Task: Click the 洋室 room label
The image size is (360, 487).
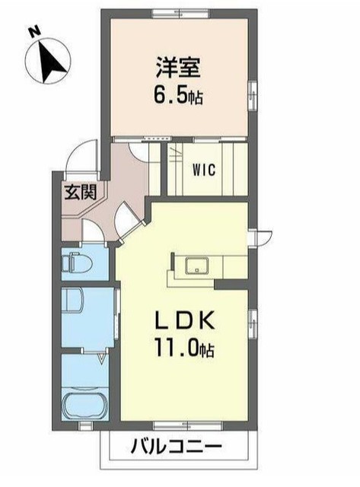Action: tap(179, 68)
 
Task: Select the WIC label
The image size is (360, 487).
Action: tap(204, 170)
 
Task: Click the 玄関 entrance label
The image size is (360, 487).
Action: tap(81, 193)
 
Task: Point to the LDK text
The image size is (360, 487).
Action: tap(185, 320)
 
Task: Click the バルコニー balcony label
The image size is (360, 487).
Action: tap(176, 447)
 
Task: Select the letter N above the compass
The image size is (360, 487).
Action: tap(35, 31)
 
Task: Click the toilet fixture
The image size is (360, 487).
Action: tap(77, 263)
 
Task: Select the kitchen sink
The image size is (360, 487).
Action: tap(197, 266)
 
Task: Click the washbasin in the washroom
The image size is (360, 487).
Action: tap(72, 300)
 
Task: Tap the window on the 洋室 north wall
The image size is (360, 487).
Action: tap(180, 14)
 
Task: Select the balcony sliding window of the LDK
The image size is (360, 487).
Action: tap(189, 426)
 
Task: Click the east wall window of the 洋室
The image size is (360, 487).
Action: tap(253, 95)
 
